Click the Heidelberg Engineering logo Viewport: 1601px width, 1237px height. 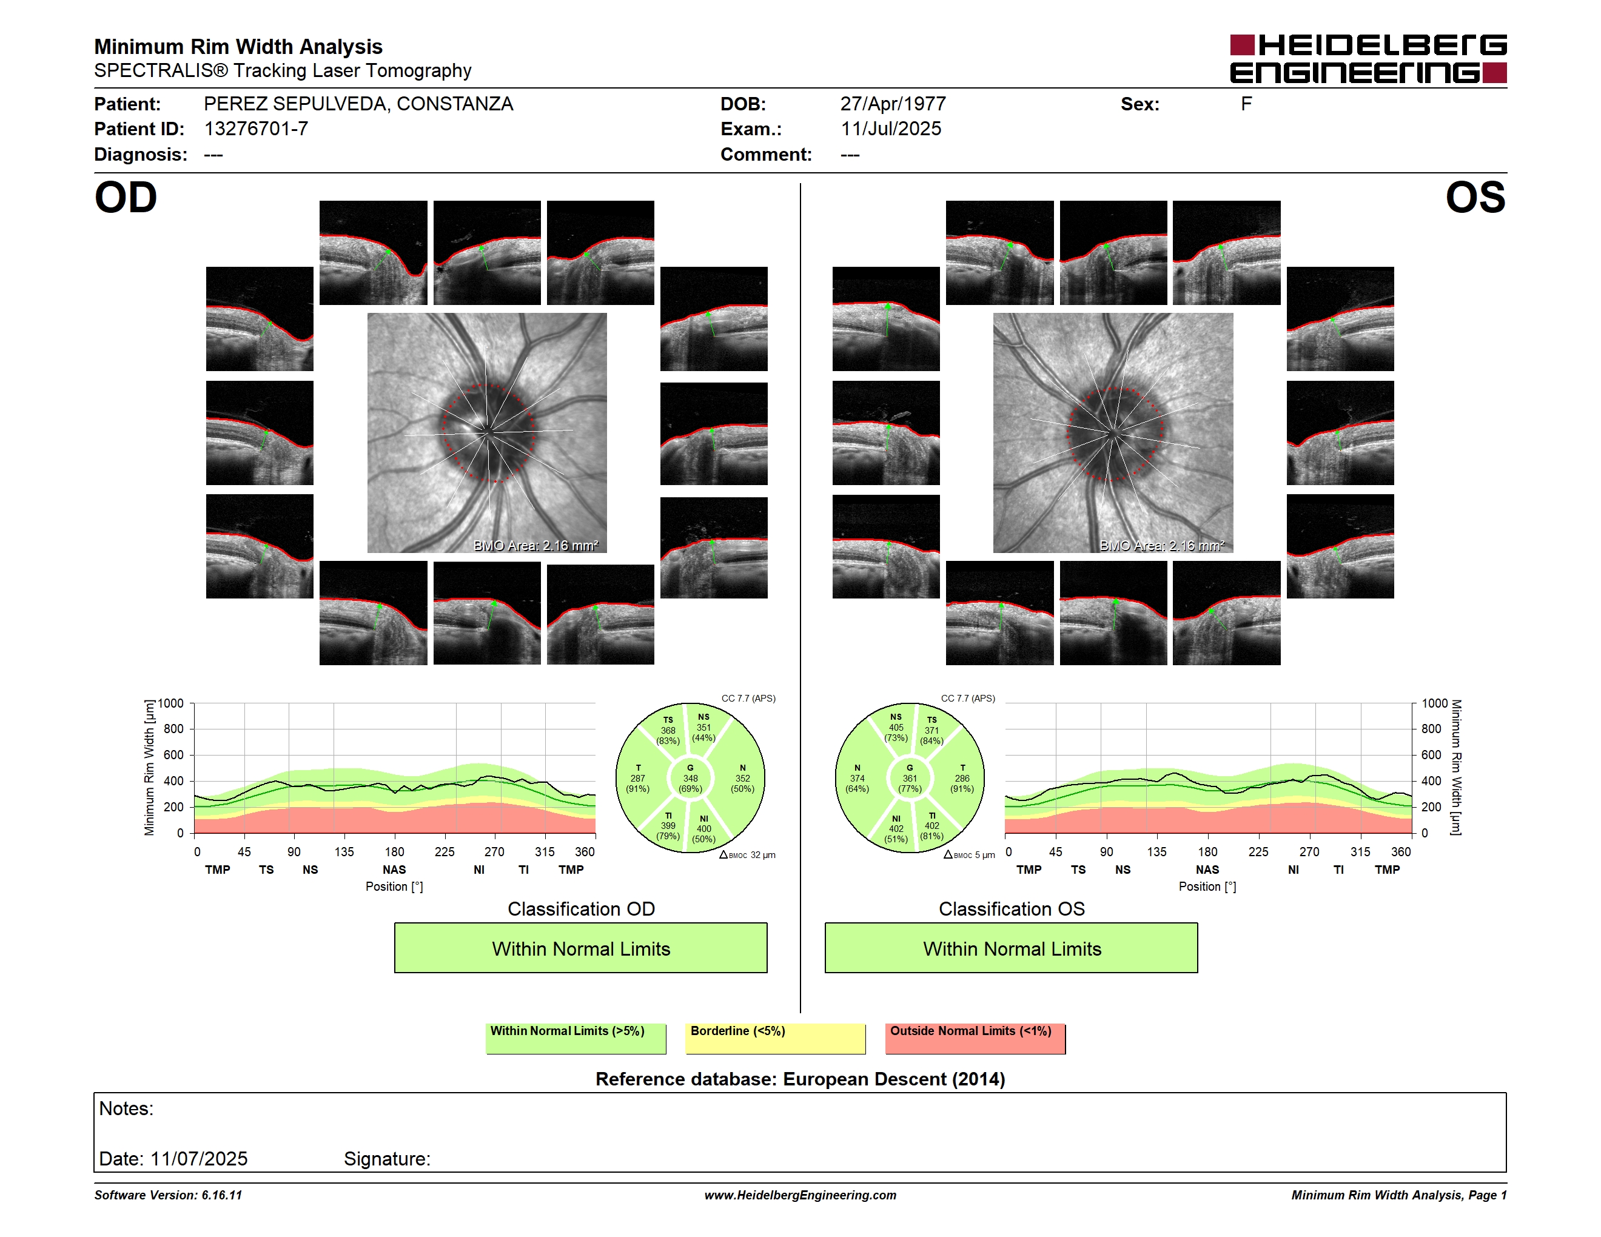coord(1368,59)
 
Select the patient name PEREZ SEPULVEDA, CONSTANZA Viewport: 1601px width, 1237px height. coord(358,104)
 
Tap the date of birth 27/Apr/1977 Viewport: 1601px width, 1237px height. coord(893,104)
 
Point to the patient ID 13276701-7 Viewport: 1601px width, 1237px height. coord(256,129)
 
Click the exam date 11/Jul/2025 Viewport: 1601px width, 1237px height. coord(891,129)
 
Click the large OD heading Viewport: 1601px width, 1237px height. coord(126,198)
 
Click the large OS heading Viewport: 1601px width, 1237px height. coord(1475,198)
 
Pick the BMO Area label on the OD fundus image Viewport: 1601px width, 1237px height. coord(536,545)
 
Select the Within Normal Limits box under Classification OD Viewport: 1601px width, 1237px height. coord(580,948)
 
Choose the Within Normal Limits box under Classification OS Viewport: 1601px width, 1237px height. coord(1012,948)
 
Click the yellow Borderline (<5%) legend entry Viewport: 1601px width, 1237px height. coord(775,1038)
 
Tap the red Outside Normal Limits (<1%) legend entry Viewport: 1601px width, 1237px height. coord(975,1038)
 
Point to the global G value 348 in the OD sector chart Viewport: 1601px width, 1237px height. coord(691,778)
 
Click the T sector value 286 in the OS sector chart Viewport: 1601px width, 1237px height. coord(962,778)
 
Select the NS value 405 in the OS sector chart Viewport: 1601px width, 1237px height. coord(896,728)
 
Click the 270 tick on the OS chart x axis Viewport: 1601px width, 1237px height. coord(1309,851)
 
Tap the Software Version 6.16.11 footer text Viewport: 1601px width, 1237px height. coord(168,1195)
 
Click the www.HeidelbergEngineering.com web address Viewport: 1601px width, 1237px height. coord(800,1195)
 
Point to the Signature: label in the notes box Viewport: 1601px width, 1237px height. coord(387,1159)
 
